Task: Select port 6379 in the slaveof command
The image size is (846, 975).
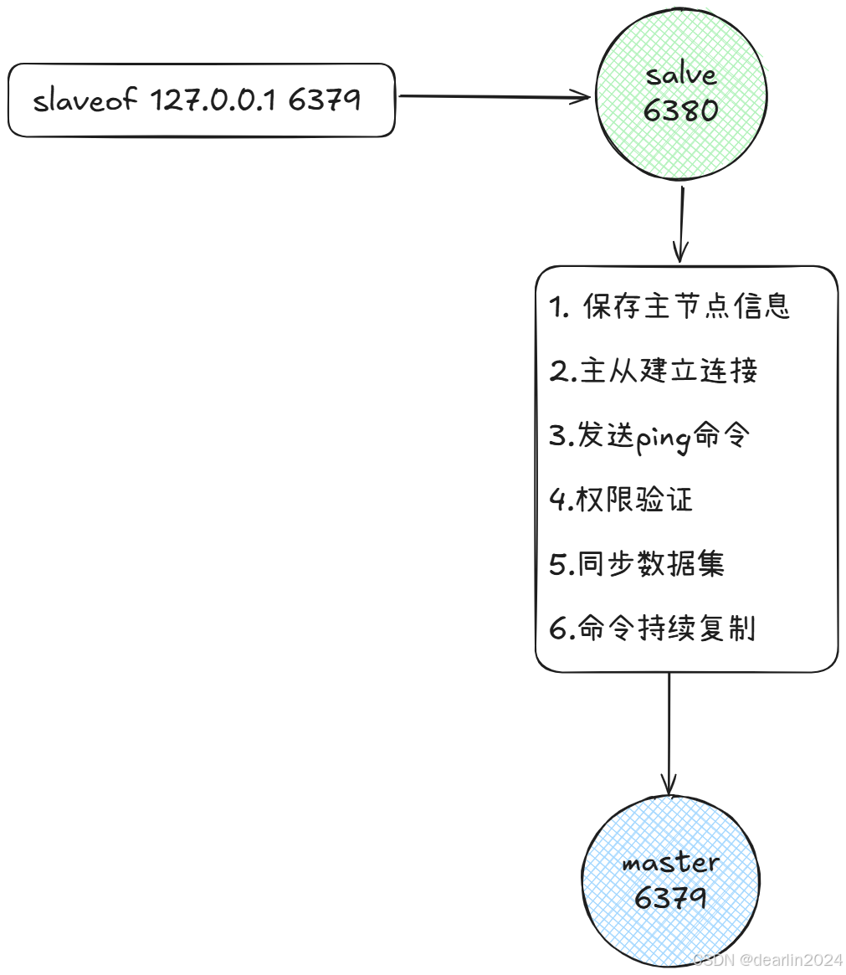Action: pyautogui.click(x=325, y=100)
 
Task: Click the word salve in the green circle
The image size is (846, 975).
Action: pyautogui.click(x=681, y=76)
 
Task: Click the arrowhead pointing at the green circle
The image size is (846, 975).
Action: pyautogui.click(x=582, y=98)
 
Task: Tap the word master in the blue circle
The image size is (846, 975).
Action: pyautogui.click(x=670, y=863)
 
